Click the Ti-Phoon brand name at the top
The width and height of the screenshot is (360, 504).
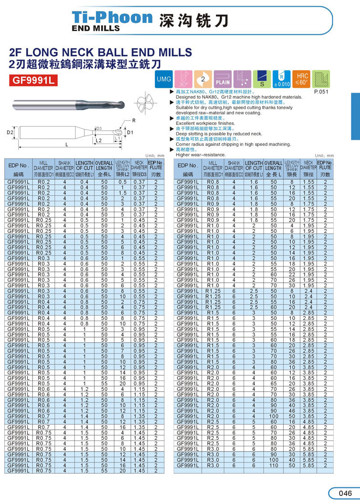[112, 17]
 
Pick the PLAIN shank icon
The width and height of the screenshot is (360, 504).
[223, 79]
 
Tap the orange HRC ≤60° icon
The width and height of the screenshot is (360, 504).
[302, 79]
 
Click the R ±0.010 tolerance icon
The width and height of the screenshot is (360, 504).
[281, 79]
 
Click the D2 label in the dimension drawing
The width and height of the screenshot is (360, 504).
[10, 132]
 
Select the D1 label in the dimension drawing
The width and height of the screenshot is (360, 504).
[129, 132]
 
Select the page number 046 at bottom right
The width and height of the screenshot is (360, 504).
[344, 493]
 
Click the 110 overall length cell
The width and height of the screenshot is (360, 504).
[273, 465]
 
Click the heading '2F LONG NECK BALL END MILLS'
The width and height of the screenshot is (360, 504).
[101, 52]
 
